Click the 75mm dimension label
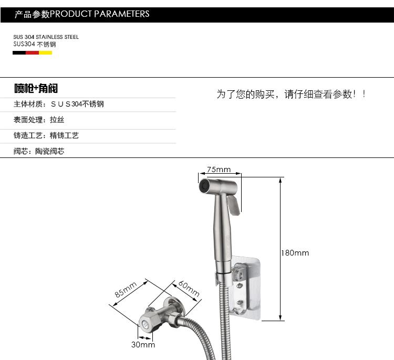pos(219,170)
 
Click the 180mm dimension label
pos(295,253)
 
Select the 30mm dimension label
pos(143,345)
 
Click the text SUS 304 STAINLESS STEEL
pos(46,37)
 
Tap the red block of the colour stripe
pos(33,53)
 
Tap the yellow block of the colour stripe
pos(46,53)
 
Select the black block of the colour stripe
pos(19,53)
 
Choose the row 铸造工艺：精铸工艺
pos(46,135)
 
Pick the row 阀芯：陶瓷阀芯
pos(39,151)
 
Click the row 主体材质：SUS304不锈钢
pos(58,104)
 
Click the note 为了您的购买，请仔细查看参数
pos(291,94)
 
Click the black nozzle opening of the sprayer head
pos(202,185)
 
